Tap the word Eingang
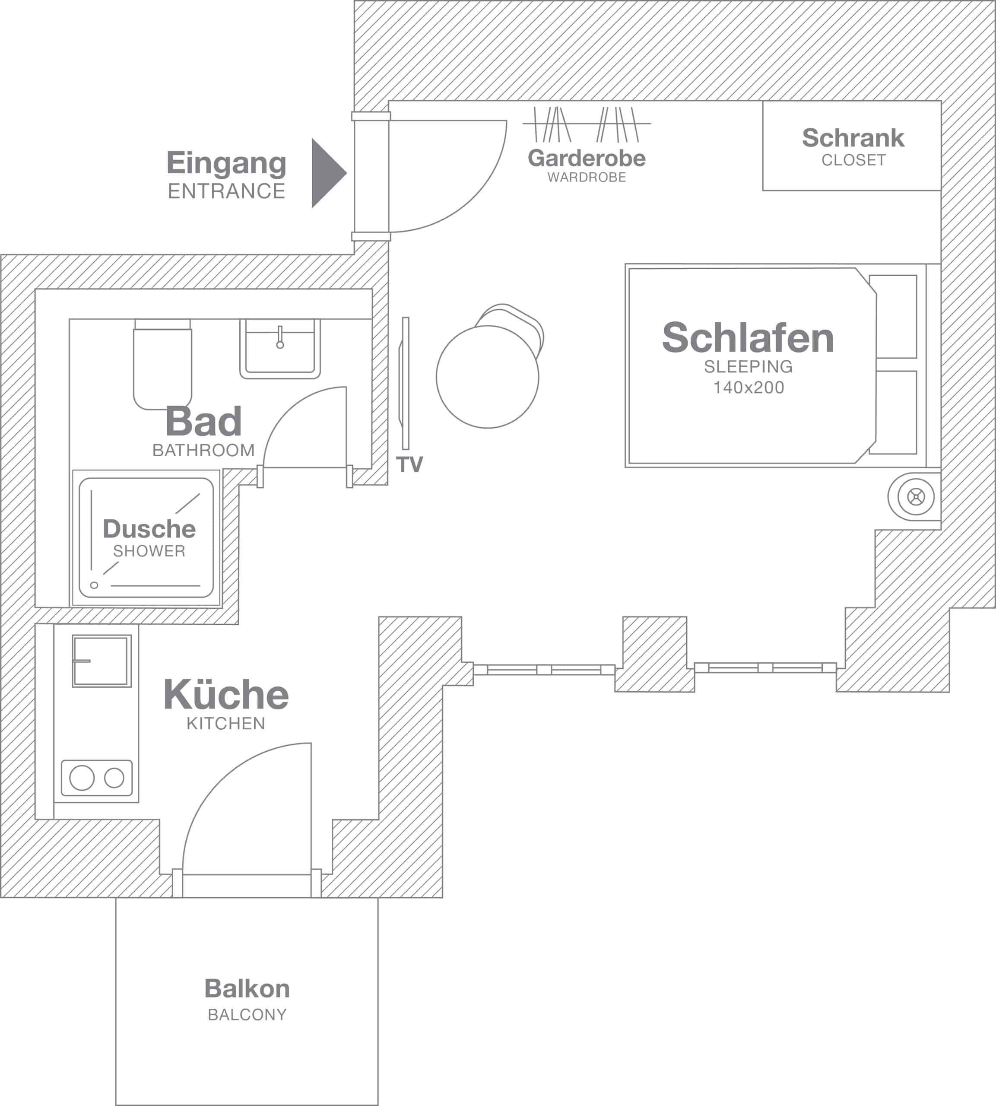coord(226,163)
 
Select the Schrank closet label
coord(853,138)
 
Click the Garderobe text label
coord(587,158)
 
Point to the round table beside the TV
coord(487,376)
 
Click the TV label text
coord(409,464)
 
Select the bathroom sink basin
coord(279,350)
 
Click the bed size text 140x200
coord(748,388)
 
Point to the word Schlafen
coord(748,338)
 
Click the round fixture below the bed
coord(916,497)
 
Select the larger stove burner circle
coord(82,778)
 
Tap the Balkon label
coord(247,988)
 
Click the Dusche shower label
coord(149,529)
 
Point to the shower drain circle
coord(94,585)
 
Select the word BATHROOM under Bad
coord(203,450)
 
